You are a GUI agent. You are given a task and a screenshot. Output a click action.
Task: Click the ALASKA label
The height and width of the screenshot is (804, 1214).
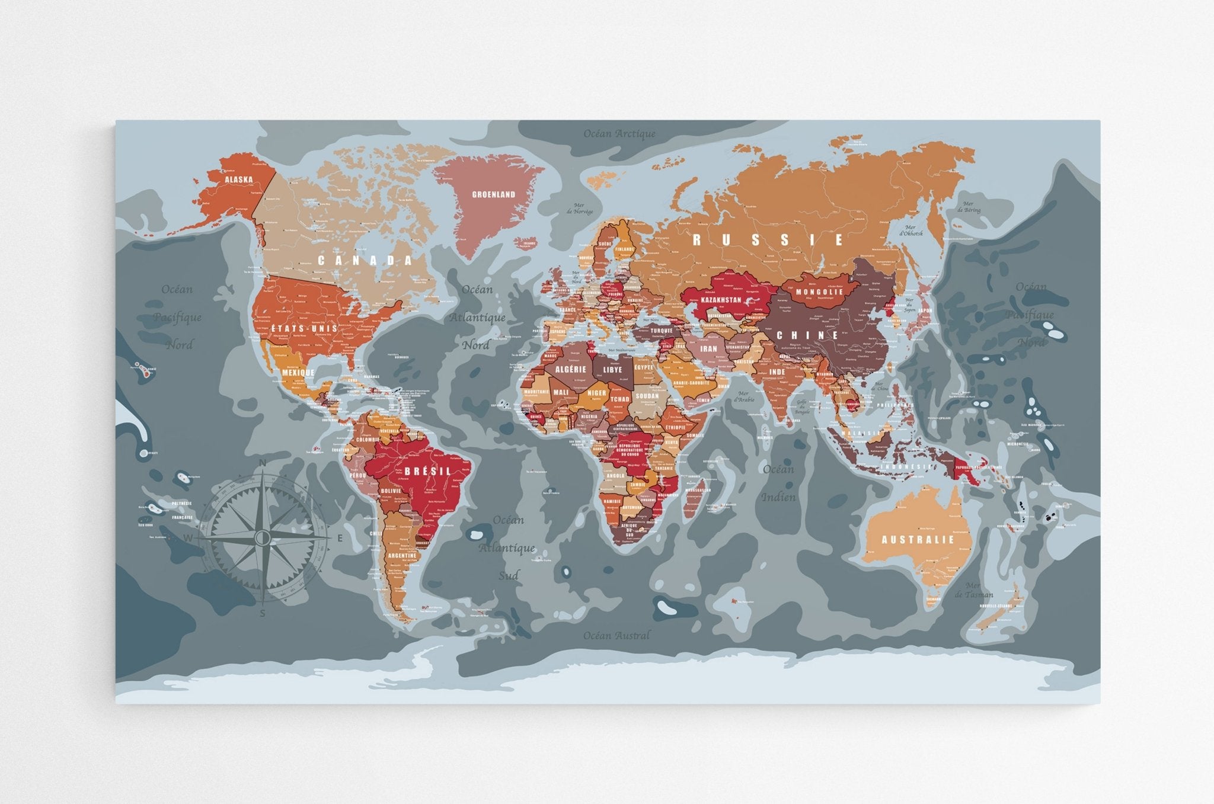point(238,180)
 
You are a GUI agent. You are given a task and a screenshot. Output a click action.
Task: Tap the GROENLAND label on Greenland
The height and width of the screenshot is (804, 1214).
point(493,194)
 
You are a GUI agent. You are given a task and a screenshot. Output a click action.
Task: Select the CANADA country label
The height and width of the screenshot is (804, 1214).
point(365,260)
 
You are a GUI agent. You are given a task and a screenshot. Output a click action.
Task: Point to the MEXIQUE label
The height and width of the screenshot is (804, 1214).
point(298,373)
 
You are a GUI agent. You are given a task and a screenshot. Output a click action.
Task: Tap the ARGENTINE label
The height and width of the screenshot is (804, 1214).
point(406,556)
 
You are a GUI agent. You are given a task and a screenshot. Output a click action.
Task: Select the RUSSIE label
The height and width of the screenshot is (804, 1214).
point(768,240)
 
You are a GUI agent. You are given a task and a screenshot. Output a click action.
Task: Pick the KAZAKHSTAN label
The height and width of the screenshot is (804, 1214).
point(721,300)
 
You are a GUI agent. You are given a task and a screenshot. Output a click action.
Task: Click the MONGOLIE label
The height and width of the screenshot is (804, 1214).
point(819,292)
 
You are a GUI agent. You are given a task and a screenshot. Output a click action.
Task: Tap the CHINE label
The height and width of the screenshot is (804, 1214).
point(808,335)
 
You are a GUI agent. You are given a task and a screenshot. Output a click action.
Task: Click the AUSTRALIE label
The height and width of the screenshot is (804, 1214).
point(918,540)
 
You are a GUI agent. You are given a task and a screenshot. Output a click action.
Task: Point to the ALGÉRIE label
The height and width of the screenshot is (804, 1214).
point(570,369)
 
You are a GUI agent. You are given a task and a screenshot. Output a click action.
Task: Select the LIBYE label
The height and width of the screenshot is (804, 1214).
point(612,370)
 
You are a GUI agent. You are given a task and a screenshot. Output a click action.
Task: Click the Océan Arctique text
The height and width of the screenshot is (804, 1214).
point(619,134)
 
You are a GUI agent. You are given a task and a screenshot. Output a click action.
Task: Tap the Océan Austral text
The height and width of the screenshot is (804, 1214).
point(616,635)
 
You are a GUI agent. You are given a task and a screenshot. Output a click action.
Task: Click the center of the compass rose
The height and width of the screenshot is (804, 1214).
point(263,537)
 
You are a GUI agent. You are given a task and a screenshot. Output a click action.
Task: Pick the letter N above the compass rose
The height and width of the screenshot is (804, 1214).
point(263,464)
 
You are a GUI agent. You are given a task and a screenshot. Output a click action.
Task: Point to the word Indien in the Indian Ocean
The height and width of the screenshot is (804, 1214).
point(778,497)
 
